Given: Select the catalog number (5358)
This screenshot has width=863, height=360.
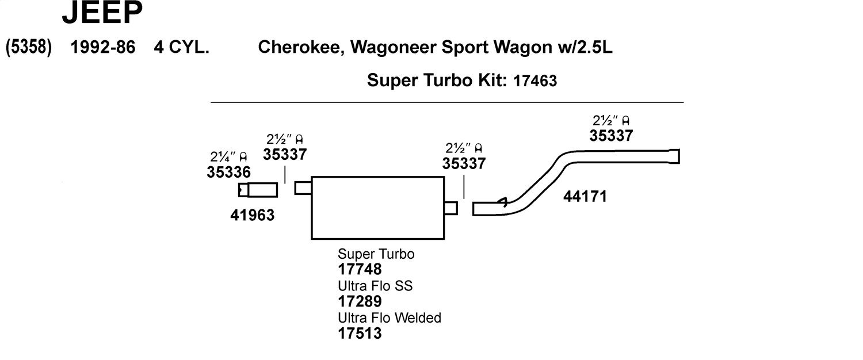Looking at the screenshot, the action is click(x=29, y=47).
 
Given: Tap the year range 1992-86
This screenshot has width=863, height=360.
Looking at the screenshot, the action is click(x=103, y=47).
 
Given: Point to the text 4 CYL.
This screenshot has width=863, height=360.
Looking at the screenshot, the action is click(x=181, y=47).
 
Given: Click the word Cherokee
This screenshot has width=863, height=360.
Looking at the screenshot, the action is click(x=301, y=47).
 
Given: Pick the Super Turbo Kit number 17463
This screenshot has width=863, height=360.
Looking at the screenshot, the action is click(x=534, y=81).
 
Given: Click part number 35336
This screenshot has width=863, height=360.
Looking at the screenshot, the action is click(x=228, y=172).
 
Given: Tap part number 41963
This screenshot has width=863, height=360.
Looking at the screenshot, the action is click(x=253, y=215).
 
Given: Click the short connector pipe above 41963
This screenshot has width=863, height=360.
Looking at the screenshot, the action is click(x=258, y=190).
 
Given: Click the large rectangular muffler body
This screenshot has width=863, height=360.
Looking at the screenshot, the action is click(x=377, y=208).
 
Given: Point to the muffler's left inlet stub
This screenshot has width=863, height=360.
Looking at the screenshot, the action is click(x=303, y=188).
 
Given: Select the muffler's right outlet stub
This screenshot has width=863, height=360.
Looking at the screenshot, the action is click(x=450, y=208).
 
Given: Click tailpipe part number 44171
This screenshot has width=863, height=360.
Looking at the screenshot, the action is click(x=585, y=197).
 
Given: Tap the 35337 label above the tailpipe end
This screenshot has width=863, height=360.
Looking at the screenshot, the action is click(x=611, y=136).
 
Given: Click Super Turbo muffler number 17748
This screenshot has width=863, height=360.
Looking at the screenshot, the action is click(x=360, y=270).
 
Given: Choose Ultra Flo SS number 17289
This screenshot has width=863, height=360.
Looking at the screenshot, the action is click(x=360, y=301).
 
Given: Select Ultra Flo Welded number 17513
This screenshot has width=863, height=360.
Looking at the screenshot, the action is click(x=360, y=334).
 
